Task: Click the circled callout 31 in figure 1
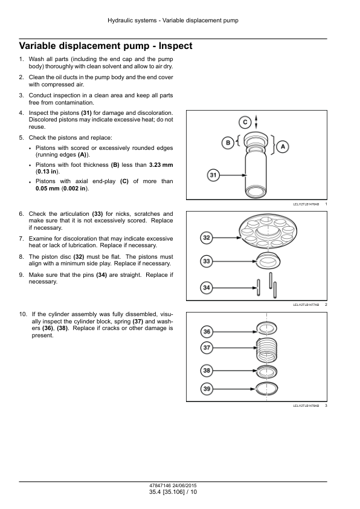pyautogui.click(x=213, y=175)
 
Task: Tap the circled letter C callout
pyautogui.click(x=245, y=122)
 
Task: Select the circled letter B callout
pyautogui.click(x=228, y=143)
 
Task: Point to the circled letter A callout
pyautogui.click(x=283, y=146)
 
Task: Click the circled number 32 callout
pyautogui.click(x=207, y=238)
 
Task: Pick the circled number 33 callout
pyautogui.click(x=207, y=261)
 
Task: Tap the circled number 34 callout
pyautogui.click(x=207, y=288)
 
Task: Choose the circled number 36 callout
pyautogui.click(x=207, y=332)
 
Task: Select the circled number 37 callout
pyautogui.click(x=207, y=348)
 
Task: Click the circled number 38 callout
pyautogui.click(x=207, y=371)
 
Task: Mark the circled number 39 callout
pyautogui.click(x=207, y=389)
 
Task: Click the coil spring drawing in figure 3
pyautogui.click(x=266, y=350)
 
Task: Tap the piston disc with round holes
pyautogui.click(x=268, y=230)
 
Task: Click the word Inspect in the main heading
pyautogui.click(x=175, y=46)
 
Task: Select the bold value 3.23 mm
pyautogui.click(x=161, y=165)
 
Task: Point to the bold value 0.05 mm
pyautogui.click(x=48, y=188)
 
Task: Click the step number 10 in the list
pyautogui.click(x=23, y=314)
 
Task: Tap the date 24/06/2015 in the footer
pyautogui.click(x=185, y=485)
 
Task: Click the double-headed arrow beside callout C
pyautogui.click(x=256, y=122)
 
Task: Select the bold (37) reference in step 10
pyautogui.click(x=138, y=322)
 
